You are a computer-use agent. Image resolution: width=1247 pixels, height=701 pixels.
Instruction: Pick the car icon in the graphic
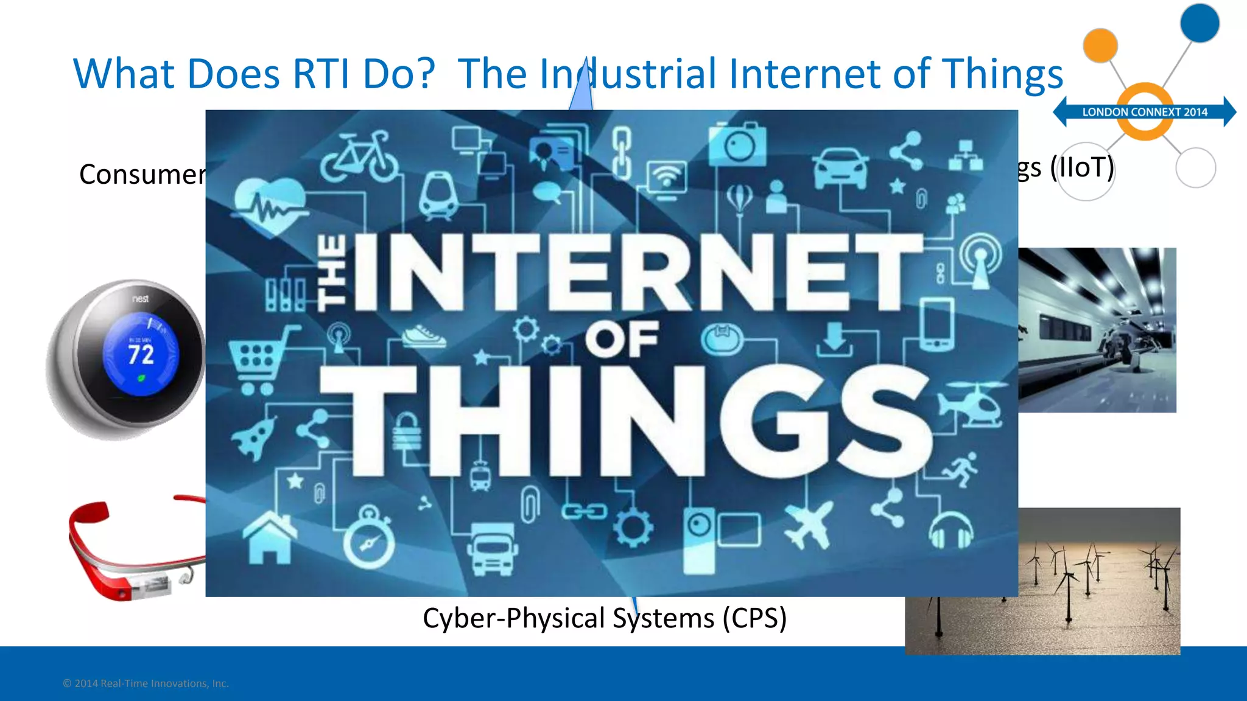(x=841, y=168)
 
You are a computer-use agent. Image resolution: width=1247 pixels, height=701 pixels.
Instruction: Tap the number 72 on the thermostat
(x=141, y=355)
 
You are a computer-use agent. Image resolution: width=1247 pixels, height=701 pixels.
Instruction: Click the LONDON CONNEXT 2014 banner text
(x=1144, y=112)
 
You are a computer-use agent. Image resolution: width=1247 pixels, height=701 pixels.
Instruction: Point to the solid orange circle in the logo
(x=1100, y=46)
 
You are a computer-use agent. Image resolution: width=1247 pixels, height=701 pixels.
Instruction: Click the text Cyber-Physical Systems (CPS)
(x=605, y=618)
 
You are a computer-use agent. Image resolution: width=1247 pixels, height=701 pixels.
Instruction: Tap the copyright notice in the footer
(x=146, y=683)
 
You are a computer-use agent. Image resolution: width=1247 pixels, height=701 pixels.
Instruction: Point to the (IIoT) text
(x=1082, y=168)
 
